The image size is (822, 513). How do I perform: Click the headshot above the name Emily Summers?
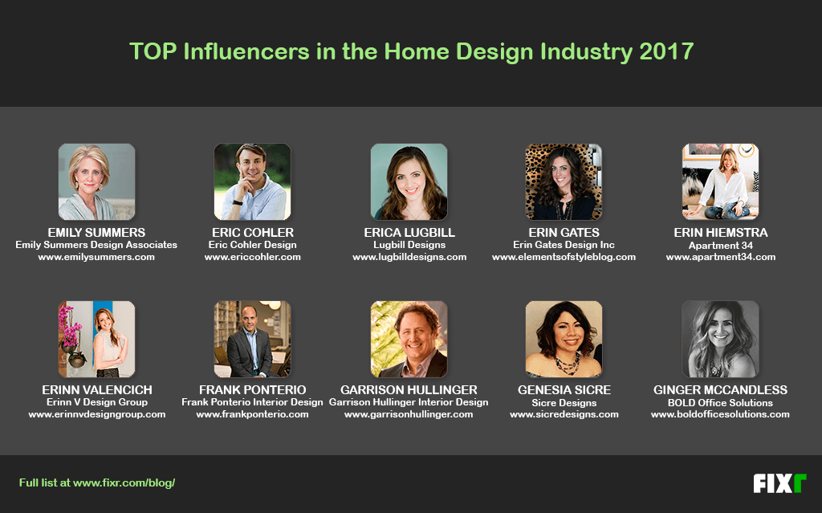pos(96,181)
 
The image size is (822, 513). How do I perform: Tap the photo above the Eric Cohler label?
pos(252,181)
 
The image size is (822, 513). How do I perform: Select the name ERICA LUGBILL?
pos(409,232)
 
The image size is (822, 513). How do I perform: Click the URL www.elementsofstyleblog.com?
pos(564,257)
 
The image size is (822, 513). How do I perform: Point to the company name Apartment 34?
pos(720,246)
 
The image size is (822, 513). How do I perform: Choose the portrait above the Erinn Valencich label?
pos(96,339)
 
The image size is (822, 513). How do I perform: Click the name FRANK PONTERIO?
pos(252,389)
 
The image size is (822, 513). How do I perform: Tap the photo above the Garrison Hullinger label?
pos(409,339)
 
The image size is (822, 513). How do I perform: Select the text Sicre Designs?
pos(564,403)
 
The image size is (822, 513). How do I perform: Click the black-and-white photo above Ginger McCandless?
pos(720,339)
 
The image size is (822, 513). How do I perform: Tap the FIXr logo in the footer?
pos(779,483)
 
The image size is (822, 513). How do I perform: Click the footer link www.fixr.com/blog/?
pos(124,483)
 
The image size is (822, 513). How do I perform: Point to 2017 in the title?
pos(666,51)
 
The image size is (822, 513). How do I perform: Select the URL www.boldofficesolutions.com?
pos(720,414)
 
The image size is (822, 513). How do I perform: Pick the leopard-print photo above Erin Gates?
pos(564,181)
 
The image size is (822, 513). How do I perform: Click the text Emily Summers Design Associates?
pos(96,245)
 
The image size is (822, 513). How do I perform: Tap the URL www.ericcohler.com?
pos(253,257)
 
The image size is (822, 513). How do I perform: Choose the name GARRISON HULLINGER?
pos(409,389)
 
